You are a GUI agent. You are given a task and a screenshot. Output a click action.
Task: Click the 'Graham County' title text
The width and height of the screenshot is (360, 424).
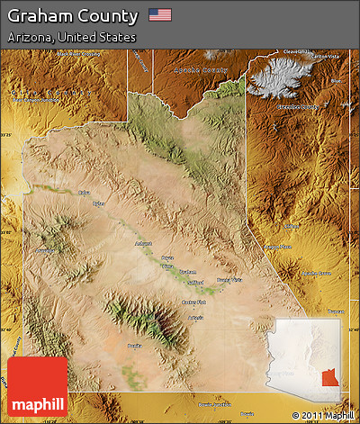tap(73, 15)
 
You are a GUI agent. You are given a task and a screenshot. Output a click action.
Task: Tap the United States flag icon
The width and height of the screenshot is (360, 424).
tap(159, 14)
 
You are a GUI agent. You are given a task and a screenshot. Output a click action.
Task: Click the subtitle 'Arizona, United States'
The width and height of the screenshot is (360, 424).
tap(71, 38)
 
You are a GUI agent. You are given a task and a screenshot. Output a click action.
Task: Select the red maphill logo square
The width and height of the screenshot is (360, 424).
tap(37, 385)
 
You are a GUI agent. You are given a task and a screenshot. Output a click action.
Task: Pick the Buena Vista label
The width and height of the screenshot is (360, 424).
tap(229, 280)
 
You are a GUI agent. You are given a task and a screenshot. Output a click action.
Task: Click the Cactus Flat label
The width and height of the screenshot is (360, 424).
tap(194, 302)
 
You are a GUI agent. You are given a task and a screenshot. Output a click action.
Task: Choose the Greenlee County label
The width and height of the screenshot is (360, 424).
tap(296, 107)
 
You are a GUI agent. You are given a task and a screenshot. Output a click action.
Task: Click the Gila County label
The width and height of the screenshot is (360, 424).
tap(40, 94)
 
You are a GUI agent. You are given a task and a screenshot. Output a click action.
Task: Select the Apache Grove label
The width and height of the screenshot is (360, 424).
tap(314, 272)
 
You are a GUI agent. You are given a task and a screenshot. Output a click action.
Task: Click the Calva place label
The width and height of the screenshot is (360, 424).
tap(85, 192)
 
